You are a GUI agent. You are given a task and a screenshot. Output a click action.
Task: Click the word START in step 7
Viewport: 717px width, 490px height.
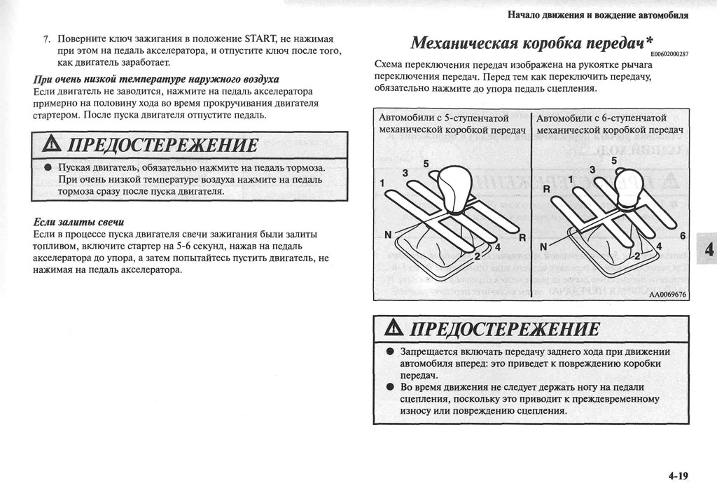tap(261, 38)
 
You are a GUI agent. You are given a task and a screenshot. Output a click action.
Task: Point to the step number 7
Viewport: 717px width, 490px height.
tap(46, 38)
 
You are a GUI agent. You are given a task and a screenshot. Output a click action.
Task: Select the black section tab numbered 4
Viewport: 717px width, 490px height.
tap(708, 250)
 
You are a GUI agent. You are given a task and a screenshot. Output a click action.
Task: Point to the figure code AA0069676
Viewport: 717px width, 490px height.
tap(667, 295)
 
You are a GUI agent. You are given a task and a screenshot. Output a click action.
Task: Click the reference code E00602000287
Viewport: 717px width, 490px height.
tap(669, 55)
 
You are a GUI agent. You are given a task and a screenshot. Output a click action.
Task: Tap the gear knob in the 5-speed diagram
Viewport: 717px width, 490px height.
tap(456, 185)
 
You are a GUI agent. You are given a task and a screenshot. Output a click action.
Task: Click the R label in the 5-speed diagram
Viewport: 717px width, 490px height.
tap(522, 238)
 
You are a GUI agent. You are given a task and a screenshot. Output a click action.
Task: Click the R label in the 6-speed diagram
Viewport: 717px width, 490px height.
tap(547, 189)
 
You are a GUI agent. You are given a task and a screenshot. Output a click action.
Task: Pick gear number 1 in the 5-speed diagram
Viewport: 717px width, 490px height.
tap(383, 183)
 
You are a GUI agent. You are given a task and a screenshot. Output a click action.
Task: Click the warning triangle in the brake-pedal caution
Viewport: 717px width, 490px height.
tap(51, 146)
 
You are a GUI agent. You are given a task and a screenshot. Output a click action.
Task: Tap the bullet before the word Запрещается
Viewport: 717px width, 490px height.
tap(389, 352)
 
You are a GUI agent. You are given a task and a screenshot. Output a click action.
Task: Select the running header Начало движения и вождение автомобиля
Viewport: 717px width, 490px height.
tap(597, 15)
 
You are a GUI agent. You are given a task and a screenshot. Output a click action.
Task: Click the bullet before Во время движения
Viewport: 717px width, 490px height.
tap(389, 387)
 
